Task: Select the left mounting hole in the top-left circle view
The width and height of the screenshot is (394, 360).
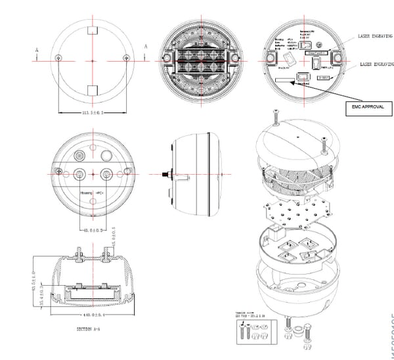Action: pyautogui.click(x=59, y=57)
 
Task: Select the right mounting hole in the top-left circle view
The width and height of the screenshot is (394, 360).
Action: pyautogui.click(x=126, y=57)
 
